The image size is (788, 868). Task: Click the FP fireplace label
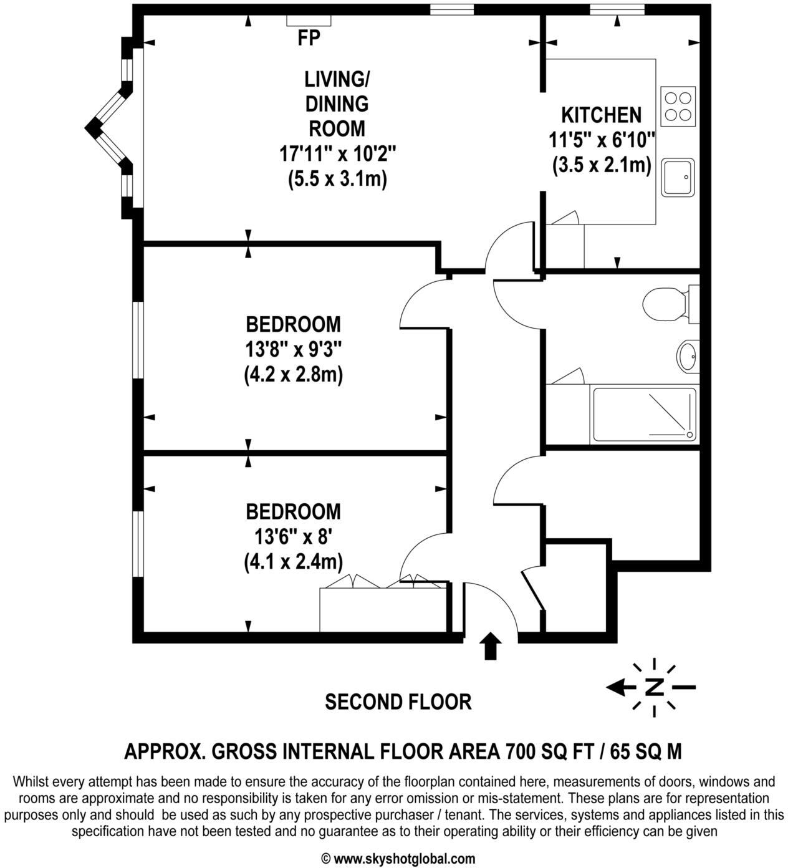point(309,39)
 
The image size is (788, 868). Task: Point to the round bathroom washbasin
point(688,356)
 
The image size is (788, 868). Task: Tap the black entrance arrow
point(491,646)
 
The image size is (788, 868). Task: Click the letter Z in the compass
point(654,687)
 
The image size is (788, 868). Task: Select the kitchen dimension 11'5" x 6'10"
point(602,140)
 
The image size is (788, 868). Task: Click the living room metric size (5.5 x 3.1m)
point(337,179)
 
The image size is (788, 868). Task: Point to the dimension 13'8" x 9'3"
point(293,350)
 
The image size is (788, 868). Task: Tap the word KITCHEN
point(601,115)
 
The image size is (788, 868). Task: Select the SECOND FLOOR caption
point(398,702)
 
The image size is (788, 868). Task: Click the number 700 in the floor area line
point(522,751)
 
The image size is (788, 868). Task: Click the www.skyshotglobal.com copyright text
point(404,859)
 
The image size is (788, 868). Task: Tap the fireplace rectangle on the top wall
point(309,21)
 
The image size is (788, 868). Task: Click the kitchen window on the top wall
point(617,9)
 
